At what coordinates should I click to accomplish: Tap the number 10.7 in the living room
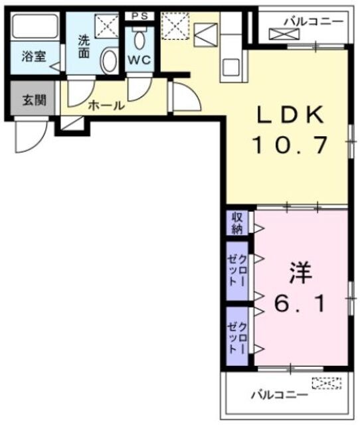(290, 144)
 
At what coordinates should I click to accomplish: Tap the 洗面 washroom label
(83, 45)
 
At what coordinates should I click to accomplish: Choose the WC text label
(139, 59)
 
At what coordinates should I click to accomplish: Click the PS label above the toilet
(139, 15)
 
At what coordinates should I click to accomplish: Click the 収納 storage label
(237, 222)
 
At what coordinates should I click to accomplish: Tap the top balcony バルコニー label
(314, 21)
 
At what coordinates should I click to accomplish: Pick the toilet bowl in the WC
(139, 40)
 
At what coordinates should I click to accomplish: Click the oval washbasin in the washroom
(109, 61)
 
